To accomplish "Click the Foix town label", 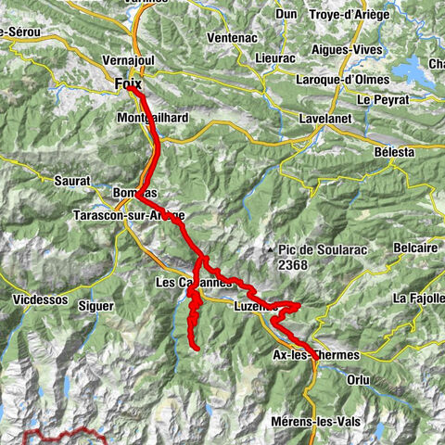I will point(128,83).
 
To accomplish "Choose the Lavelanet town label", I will point(324,120).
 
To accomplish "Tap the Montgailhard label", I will point(154,119).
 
